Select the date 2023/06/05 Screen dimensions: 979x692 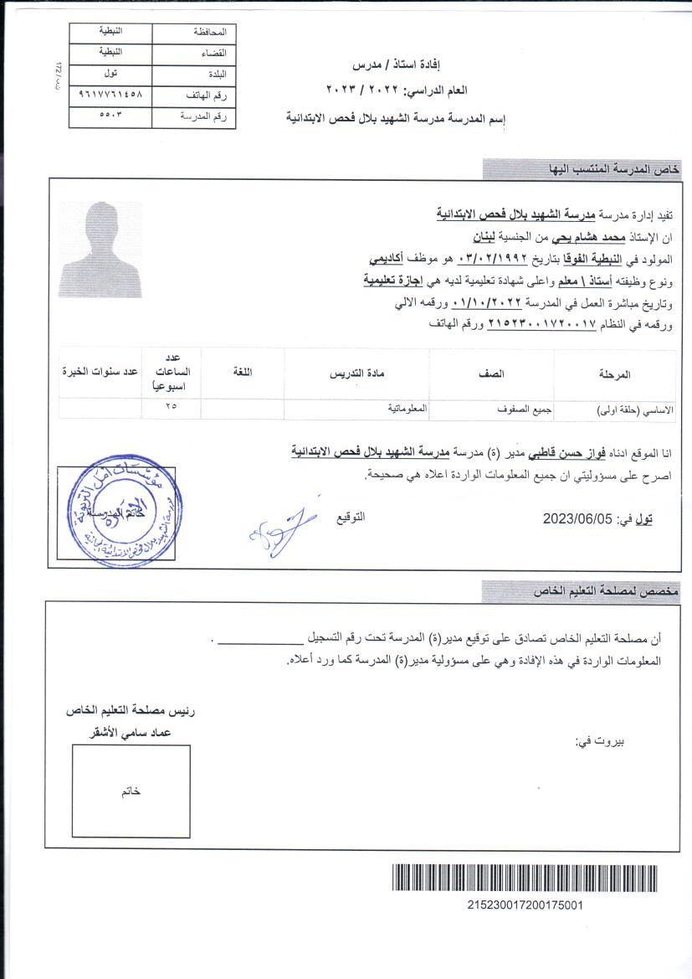[x=577, y=518]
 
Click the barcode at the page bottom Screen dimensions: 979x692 [x=525, y=880]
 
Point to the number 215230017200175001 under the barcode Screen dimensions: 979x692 [x=525, y=905]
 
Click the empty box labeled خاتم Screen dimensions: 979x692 [x=131, y=792]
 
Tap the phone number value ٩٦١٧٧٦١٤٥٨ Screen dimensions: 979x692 [x=110, y=95]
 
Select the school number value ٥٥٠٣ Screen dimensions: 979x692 [x=110, y=116]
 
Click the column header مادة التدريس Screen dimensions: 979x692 [x=357, y=374]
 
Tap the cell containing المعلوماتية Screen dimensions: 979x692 [x=408, y=408]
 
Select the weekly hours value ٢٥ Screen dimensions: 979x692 [x=172, y=407]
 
